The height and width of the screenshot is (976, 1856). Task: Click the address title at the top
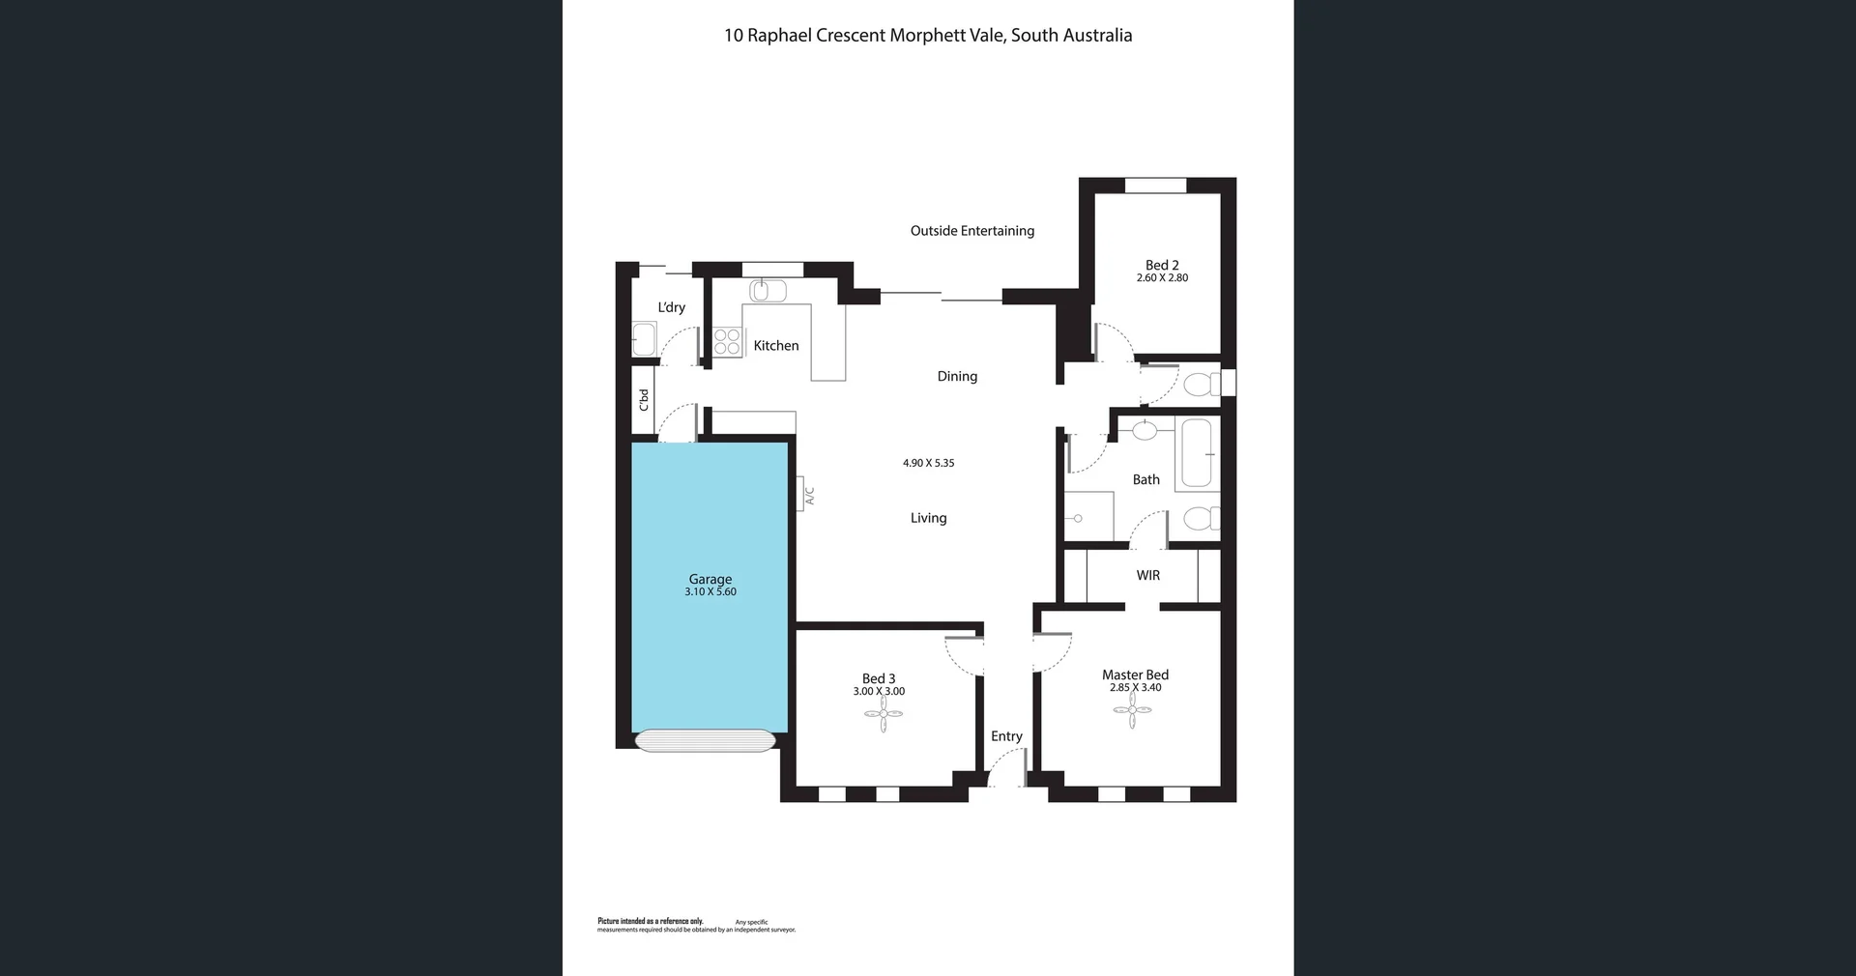[928, 36]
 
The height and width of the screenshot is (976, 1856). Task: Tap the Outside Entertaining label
[971, 231]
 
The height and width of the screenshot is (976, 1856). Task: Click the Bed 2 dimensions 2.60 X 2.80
[1162, 278]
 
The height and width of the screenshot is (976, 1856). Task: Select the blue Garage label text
[710, 579]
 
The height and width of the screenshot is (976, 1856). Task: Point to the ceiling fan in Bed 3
[884, 715]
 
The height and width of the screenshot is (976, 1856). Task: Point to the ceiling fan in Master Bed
[1132, 710]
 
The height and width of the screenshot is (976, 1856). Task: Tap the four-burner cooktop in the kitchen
[727, 342]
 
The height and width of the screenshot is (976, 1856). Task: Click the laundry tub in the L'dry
[644, 339]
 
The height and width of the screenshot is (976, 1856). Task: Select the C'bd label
[644, 400]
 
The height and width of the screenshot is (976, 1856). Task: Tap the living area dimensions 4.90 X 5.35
[928, 463]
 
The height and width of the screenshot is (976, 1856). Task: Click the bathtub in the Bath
[1197, 453]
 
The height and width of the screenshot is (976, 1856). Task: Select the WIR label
[1147, 576]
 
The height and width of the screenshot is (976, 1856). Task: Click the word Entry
[1006, 736]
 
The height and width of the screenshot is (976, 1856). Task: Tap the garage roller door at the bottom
[705, 740]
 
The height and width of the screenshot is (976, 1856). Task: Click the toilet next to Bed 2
[1203, 385]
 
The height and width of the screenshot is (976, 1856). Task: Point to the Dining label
[957, 377]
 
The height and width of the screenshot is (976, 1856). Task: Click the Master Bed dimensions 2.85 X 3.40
[1135, 688]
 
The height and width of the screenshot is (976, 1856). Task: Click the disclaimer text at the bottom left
[696, 926]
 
